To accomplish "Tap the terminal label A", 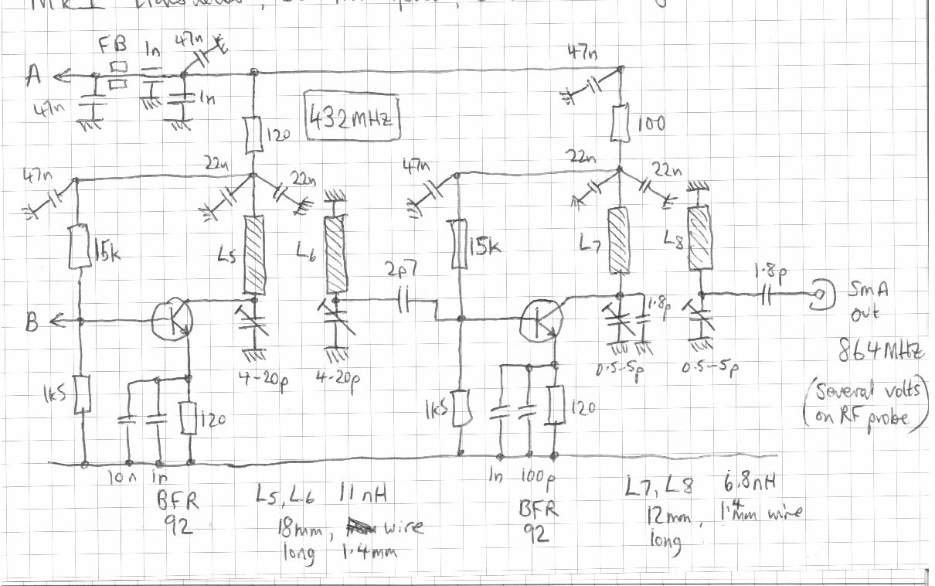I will [x=33, y=75].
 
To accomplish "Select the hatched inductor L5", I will [x=254, y=252].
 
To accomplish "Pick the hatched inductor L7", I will [x=617, y=239].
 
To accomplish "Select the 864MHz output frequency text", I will [x=881, y=352].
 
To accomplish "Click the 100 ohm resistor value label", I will [x=654, y=123].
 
